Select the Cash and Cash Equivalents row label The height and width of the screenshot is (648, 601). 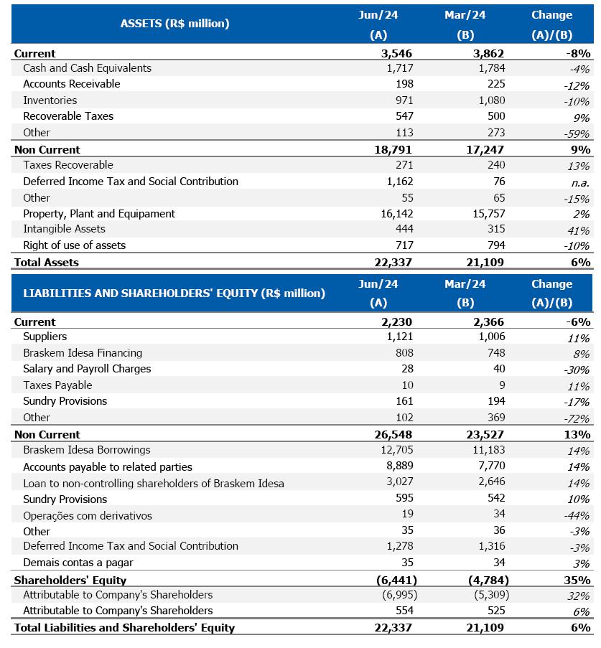(x=87, y=68)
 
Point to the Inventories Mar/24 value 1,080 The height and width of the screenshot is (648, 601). (x=491, y=100)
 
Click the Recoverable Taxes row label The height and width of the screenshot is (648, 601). (x=68, y=116)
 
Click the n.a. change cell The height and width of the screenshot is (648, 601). (x=577, y=182)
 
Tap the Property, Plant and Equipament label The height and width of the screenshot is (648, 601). (x=99, y=214)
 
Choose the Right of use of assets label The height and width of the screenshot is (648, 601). (x=74, y=245)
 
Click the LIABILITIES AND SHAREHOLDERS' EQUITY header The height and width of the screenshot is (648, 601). (x=174, y=293)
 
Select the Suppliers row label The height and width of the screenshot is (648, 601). (x=45, y=337)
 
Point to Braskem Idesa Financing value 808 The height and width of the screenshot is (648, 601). (x=404, y=353)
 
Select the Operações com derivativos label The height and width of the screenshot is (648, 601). (x=88, y=516)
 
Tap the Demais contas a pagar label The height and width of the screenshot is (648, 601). (x=78, y=563)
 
